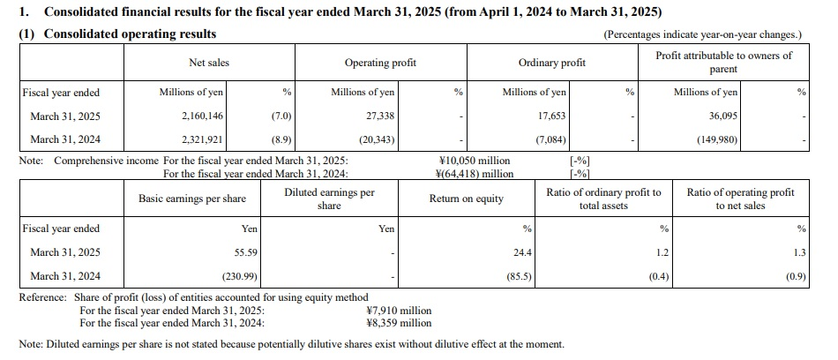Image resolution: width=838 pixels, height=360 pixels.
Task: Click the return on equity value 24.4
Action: point(523,251)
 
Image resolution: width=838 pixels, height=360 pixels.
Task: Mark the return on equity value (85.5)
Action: point(520,275)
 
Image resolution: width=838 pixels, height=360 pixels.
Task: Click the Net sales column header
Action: point(209,63)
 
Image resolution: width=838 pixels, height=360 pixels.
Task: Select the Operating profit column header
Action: point(380,63)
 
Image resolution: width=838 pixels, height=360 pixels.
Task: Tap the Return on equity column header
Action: point(466,199)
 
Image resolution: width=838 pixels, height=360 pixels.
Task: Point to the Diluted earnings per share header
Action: point(329,199)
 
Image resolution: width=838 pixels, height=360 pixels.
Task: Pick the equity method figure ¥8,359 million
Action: point(398,322)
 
